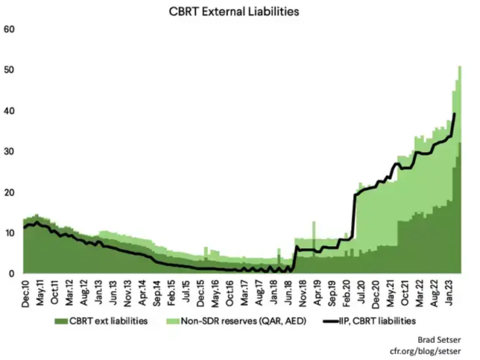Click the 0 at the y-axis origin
click(12, 274)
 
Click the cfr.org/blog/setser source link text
click(435, 349)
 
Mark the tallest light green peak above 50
click(460, 67)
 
